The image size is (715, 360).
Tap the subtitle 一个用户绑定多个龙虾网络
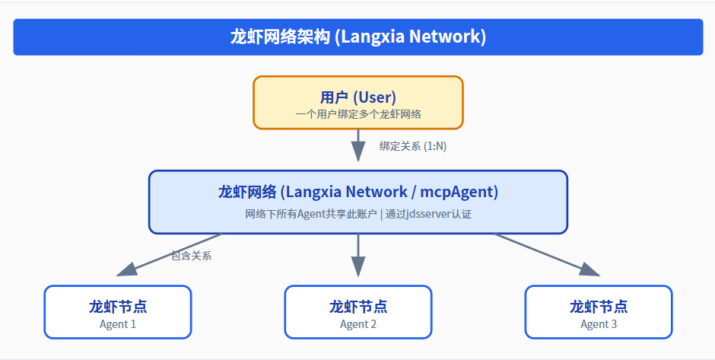(358, 114)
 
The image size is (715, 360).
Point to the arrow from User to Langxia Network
(358, 145)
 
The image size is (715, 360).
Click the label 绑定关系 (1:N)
(412, 146)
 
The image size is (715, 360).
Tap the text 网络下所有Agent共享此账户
(311, 215)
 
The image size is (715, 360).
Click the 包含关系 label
(191, 256)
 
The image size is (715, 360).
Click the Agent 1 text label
(118, 324)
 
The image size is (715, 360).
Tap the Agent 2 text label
(358, 324)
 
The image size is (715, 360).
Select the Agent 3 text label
(599, 324)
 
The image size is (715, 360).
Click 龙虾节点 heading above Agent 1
(118, 307)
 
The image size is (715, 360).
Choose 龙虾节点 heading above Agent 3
(599, 307)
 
